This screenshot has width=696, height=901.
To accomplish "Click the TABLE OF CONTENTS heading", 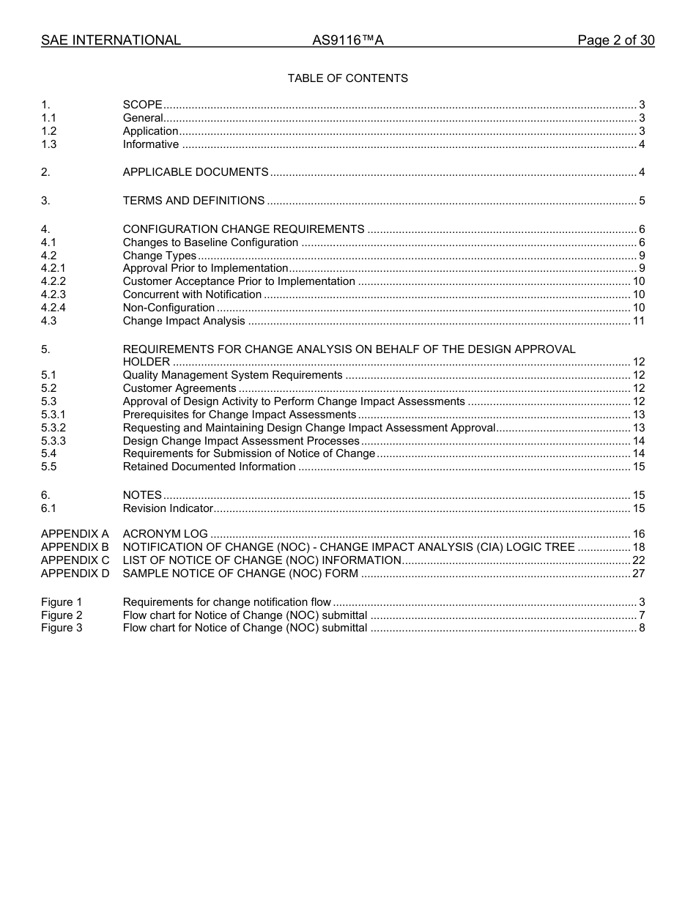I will pos(347,78).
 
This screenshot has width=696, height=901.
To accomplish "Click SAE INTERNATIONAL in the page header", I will pos(111,40).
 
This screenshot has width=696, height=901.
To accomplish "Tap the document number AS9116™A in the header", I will pos(347,40).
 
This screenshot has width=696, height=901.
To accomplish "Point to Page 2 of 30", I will pos(615,40).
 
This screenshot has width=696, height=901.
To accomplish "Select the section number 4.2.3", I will pos(53,294).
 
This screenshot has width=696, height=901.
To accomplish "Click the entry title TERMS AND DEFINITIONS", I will pos(193,201).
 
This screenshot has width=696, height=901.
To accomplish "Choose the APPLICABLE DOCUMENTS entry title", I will pos(196,172).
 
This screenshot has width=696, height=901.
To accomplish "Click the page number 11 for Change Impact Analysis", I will pos(638,321).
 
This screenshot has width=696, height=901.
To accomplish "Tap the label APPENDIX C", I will pos(75,560).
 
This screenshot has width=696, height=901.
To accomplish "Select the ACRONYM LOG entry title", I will pos(165,534).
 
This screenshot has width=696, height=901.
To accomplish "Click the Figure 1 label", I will pos(62,602).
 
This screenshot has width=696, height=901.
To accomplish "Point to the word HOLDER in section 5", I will pos(146,362).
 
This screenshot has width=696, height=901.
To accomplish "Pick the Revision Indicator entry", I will pos(168,508).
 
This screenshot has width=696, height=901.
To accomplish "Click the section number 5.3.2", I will pos(53,428).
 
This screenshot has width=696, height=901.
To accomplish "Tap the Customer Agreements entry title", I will pos(179,388).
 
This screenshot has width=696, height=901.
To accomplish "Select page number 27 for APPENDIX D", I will pos(638,574).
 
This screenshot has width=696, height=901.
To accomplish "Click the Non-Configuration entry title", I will pos(169,308).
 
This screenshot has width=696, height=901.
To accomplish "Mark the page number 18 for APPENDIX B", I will pos(638,547).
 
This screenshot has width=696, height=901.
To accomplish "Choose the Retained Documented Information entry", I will pos(209,467).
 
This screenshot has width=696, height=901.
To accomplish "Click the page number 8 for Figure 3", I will pos(642,628).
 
